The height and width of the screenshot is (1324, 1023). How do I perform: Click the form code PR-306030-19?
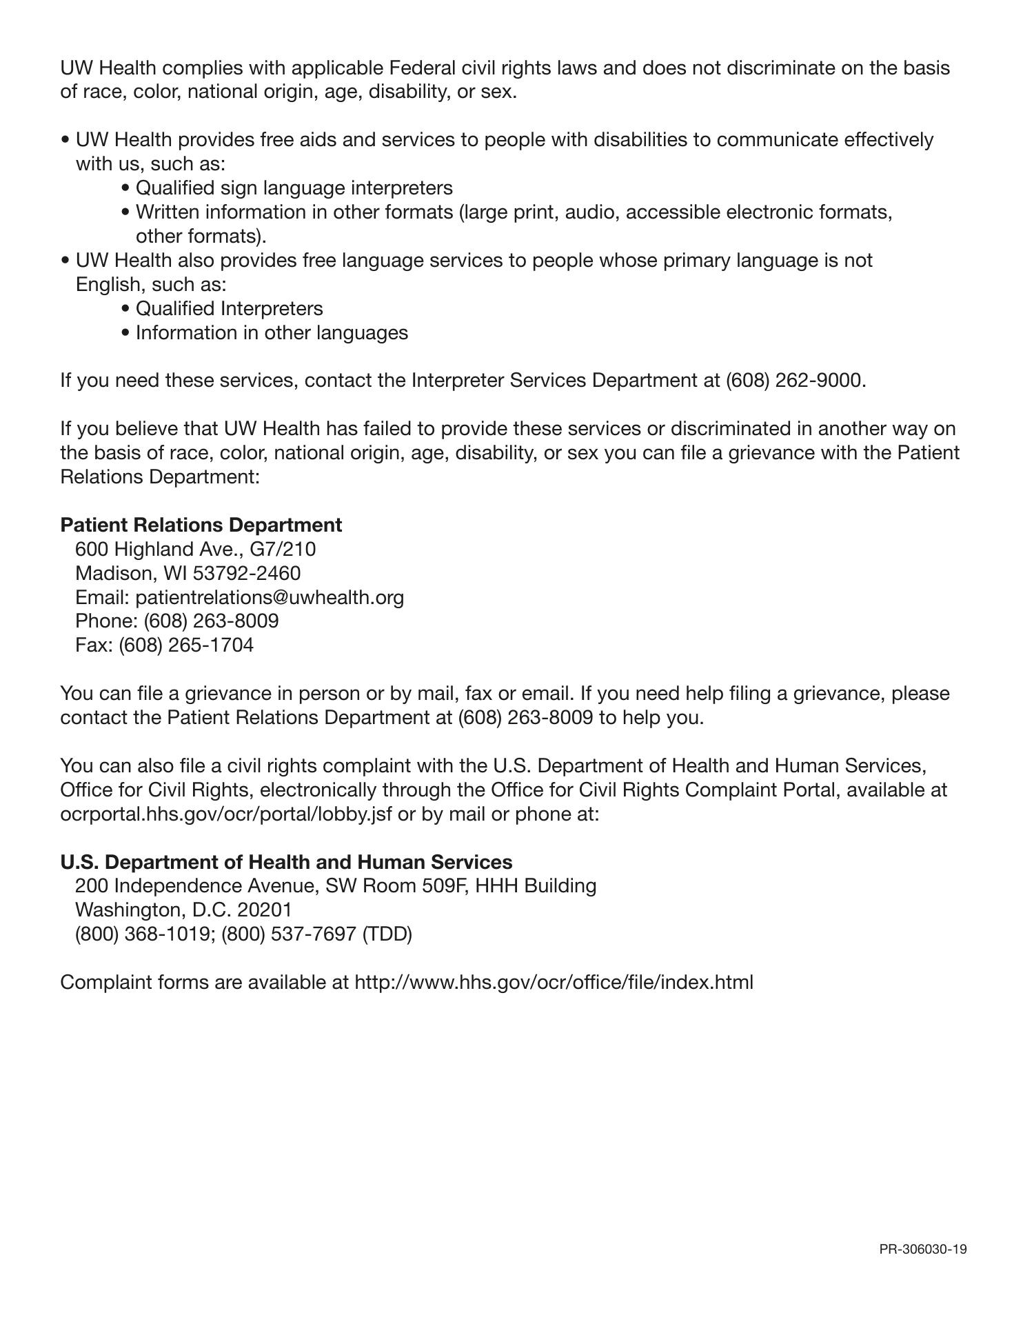(922, 1249)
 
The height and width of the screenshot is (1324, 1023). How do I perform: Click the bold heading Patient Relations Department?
(201, 525)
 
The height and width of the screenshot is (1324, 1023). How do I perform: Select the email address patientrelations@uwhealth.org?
(270, 597)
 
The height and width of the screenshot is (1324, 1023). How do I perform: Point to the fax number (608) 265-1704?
(186, 645)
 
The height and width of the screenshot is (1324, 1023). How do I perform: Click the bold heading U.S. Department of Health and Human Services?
(286, 862)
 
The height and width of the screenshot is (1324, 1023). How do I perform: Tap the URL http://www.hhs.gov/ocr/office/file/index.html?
(554, 982)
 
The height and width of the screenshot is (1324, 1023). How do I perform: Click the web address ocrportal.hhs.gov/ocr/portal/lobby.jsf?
(226, 814)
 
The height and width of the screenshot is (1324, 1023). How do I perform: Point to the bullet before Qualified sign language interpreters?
(125, 188)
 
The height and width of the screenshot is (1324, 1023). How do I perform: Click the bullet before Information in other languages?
(125, 333)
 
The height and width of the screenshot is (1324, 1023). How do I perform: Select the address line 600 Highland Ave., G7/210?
(195, 549)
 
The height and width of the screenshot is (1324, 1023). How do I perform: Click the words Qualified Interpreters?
(229, 309)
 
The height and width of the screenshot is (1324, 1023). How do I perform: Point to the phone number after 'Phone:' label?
(211, 621)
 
